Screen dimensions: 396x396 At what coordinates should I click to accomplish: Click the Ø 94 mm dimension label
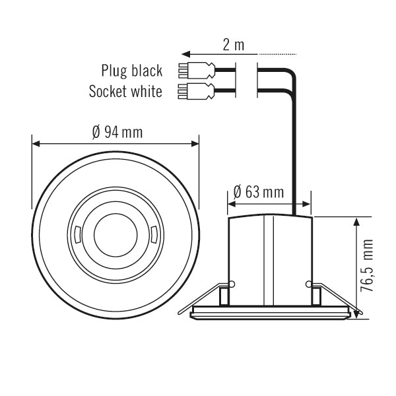click(x=117, y=132)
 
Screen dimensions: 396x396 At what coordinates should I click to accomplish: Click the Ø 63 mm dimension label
click(x=259, y=192)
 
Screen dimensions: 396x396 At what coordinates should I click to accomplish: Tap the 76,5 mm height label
click(x=368, y=267)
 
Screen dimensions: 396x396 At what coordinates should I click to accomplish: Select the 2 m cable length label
click(x=232, y=45)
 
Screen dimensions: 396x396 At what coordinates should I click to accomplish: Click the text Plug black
click(x=131, y=71)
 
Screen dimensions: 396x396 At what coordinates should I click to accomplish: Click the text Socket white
click(x=125, y=91)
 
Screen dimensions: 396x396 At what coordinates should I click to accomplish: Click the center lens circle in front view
click(x=115, y=234)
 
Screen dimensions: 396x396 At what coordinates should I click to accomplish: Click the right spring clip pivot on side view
click(x=309, y=284)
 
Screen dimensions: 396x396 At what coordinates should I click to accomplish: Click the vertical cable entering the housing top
click(x=293, y=165)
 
